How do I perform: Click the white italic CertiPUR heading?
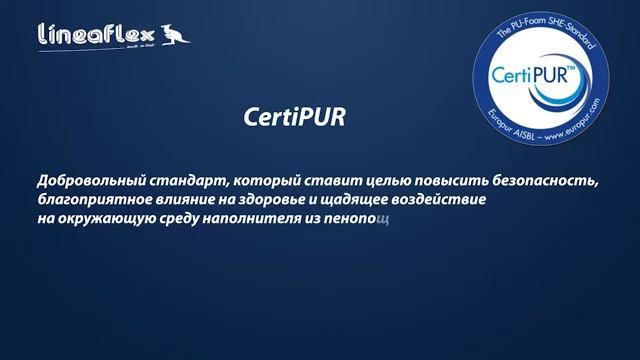click(x=293, y=115)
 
